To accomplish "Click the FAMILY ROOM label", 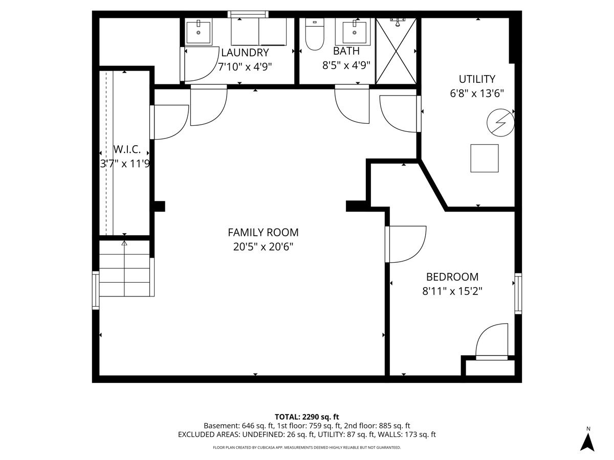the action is (263, 233).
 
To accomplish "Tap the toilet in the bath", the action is (314, 34).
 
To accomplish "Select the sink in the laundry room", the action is (199, 32).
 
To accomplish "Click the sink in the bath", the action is (354, 32).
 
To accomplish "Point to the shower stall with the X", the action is (396, 51).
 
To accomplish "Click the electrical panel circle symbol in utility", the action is (500, 123).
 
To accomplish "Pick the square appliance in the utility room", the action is (484, 158).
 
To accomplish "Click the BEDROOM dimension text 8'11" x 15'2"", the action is (452, 291).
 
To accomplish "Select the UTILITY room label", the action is (477, 79).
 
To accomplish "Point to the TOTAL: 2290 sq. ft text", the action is (307, 417).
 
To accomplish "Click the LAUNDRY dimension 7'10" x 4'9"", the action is (245, 67).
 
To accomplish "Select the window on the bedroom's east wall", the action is (518, 293).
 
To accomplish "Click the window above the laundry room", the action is (248, 14).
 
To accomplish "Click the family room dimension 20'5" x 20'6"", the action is (263, 247).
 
